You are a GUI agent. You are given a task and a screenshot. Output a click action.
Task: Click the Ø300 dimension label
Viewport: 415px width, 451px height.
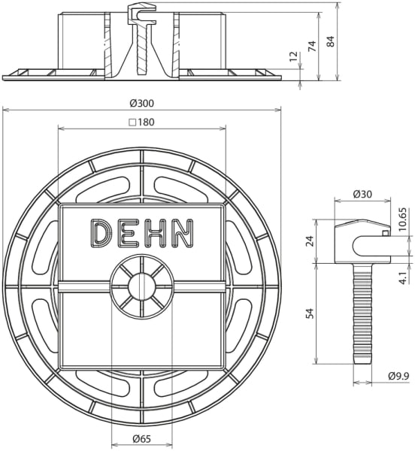tap(142, 103)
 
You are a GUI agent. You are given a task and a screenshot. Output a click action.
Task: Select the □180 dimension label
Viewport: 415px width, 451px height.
tap(142, 123)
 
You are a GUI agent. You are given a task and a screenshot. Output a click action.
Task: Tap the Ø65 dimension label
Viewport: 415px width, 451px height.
tap(142, 439)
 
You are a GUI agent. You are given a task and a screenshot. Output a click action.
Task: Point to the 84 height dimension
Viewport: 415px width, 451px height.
tap(331, 41)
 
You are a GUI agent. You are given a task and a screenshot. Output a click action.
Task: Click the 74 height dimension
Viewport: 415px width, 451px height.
tap(312, 46)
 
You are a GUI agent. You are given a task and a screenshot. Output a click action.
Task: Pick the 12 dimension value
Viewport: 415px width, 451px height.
tap(293, 56)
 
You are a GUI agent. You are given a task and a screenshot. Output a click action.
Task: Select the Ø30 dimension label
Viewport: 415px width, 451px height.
tap(362, 195)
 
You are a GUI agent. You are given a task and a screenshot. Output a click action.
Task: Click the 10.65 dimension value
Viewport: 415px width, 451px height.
tap(403, 219)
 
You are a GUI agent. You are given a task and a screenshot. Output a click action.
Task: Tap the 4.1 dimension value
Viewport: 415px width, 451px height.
tap(404, 278)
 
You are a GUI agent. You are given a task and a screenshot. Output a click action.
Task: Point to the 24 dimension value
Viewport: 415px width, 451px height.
tap(310, 241)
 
